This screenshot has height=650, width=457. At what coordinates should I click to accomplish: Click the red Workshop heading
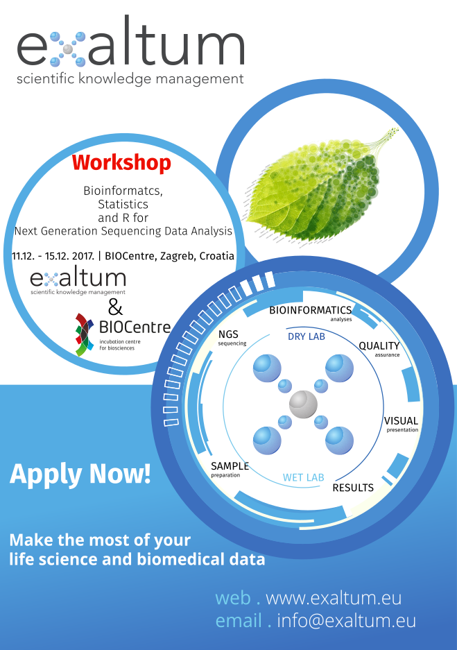click(x=121, y=163)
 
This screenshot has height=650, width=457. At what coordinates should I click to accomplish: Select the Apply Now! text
click(x=80, y=474)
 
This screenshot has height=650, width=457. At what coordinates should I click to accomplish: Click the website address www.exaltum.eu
click(x=334, y=598)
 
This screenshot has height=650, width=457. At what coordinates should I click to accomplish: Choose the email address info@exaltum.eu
click(x=346, y=621)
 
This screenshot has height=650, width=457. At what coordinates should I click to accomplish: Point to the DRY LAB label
click(x=307, y=336)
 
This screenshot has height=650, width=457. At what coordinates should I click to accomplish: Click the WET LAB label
click(x=303, y=477)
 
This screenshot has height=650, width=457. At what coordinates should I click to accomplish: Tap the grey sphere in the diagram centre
click(x=303, y=404)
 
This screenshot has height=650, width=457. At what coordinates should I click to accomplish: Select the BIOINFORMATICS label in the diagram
click(x=310, y=310)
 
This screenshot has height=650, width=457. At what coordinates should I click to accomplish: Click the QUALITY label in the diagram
click(x=379, y=345)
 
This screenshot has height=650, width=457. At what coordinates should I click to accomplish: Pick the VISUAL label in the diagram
click(x=401, y=421)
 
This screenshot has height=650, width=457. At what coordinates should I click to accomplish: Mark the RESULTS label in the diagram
click(x=353, y=488)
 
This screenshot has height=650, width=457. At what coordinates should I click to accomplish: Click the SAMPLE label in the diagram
click(x=230, y=466)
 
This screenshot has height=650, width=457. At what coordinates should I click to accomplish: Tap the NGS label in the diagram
click(x=228, y=334)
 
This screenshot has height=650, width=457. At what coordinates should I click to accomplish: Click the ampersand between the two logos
click(x=115, y=307)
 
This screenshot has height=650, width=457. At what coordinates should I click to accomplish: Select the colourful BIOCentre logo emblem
click(x=85, y=335)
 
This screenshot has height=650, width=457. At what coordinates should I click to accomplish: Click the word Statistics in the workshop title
click(x=123, y=205)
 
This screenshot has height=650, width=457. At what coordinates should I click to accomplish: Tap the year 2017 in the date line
click(x=82, y=256)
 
